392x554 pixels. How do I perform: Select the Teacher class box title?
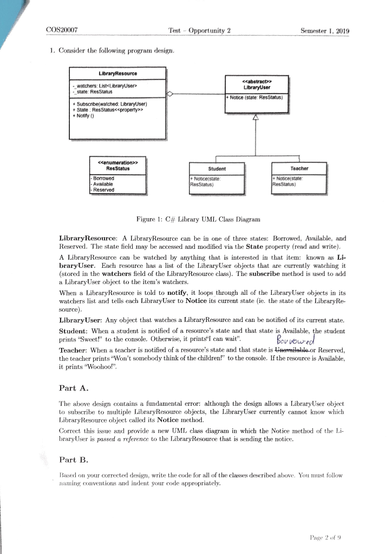click(299, 168)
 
